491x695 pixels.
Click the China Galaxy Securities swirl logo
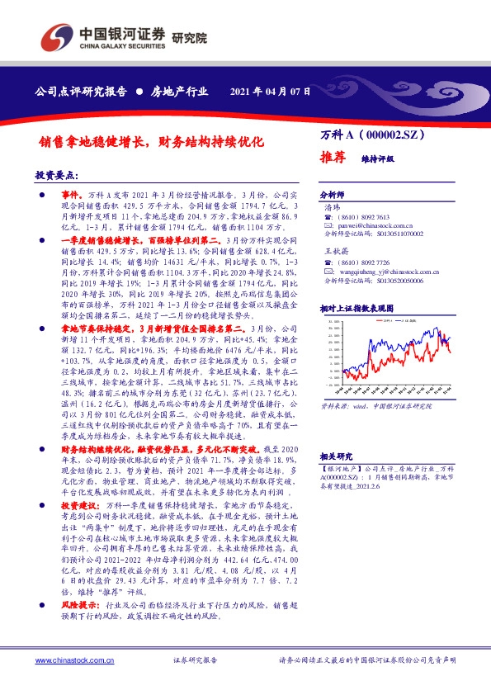point(56,35)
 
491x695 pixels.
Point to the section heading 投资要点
point(56,176)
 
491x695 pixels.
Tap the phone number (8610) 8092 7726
point(379,262)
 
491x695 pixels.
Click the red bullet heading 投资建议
point(80,503)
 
